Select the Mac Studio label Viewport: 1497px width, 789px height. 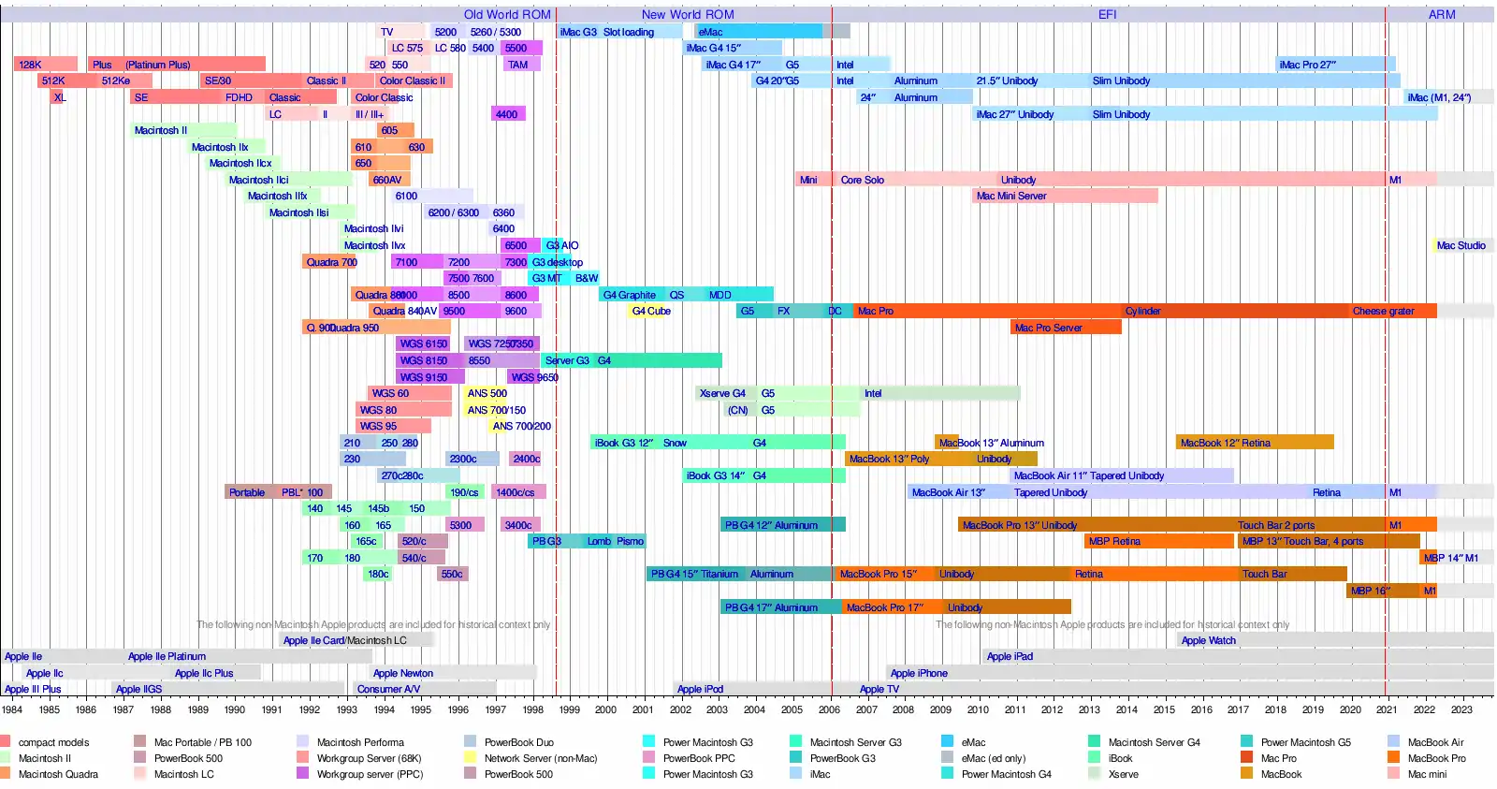pos(1461,246)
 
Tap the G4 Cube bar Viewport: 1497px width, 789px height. pos(651,312)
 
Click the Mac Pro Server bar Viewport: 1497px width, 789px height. pos(1065,328)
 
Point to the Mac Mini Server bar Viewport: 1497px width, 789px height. pos(1064,197)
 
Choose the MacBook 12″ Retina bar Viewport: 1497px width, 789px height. pos(1254,443)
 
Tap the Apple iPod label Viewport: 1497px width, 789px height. pos(700,690)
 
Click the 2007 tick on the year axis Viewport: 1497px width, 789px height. pos(866,709)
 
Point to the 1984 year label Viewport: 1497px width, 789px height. pos(12,709)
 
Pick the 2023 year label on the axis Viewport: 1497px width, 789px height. pos(1461,709)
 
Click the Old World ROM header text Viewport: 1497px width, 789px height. pos(507,15)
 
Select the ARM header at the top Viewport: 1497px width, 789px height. pos(1441,15)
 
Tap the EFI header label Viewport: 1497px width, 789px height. pos(1107,15)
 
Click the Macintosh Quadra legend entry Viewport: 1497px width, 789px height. pos(58,774)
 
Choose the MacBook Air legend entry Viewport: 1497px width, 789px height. pos(1435,742)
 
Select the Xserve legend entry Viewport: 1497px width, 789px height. pos(1123,774)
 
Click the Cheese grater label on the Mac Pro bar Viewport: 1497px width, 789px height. pos(1383,312)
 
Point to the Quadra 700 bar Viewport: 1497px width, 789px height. pos(330,263)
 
